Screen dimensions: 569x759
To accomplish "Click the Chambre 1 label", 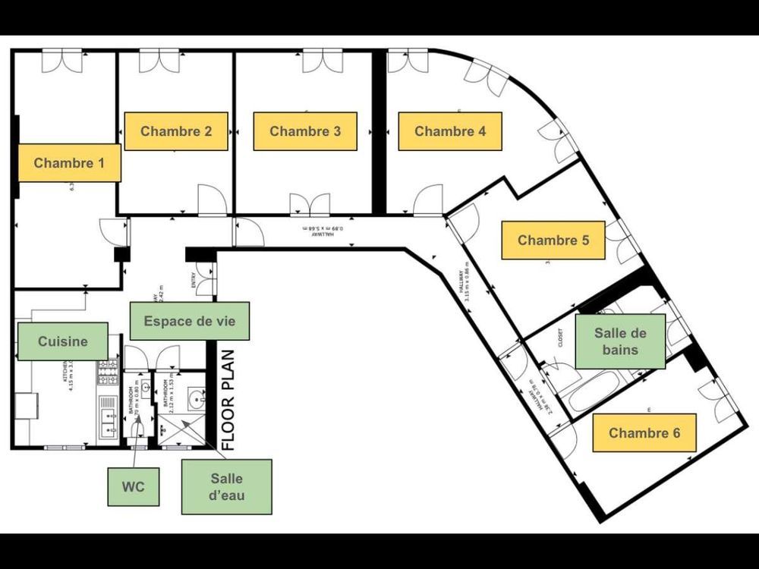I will tap(69, 162).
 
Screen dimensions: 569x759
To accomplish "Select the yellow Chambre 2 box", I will tap(176, 131).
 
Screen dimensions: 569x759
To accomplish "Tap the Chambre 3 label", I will tap(305, 131).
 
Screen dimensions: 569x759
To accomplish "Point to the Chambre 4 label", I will tap(450, 131).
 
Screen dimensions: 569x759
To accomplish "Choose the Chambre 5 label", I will tap(553, 240).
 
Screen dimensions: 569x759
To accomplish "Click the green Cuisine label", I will tap(63, 341).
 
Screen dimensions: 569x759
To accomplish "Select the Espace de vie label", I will tap(189, 321).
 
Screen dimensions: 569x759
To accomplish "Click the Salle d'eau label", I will tap(226, 486).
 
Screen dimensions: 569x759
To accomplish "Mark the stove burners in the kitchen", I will tap(107, 371).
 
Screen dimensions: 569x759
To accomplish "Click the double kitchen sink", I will tap(108, 418).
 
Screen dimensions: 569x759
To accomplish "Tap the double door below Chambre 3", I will tap(310, 205).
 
